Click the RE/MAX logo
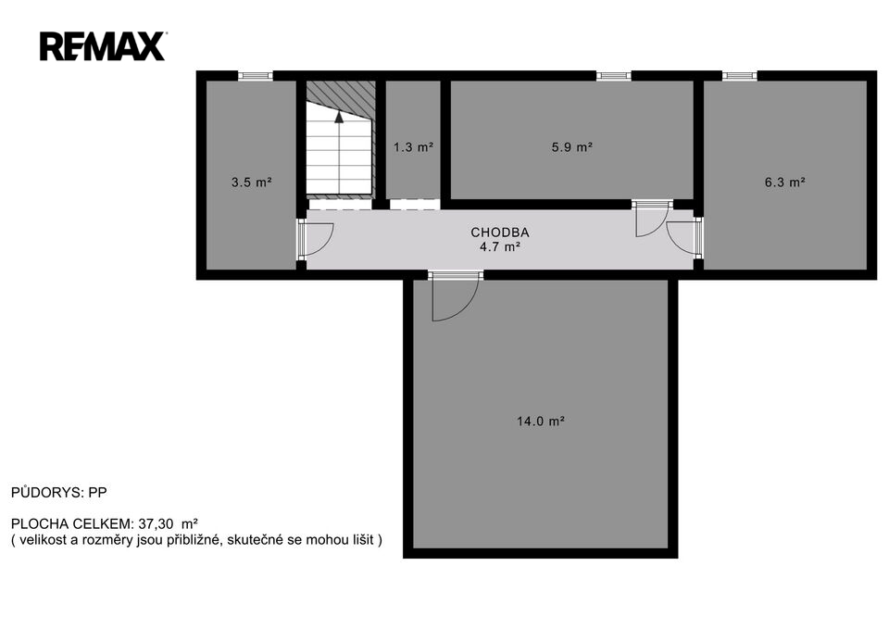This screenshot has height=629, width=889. pyautogui.click(x=103, y=46)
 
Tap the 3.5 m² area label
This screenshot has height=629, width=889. pyautogui.click(x=252, y=182)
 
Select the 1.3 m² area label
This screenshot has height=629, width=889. pyautogui.click(x=414, y=147)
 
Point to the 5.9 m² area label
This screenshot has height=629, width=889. pyautogui.click(x=572, y=147)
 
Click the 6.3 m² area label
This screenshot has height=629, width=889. pyautogui.click(x=785, y=182)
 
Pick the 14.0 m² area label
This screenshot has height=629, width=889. pyautogui.click(x=541, y=421)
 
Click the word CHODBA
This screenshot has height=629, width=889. pyautogui.click(x=500, y=232)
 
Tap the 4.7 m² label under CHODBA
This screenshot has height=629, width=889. pyautogui.click(x=500, y=246)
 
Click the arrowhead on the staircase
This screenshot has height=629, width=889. pyautogui.click(x=339, y=117)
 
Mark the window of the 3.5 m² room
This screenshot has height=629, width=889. pyautogui.click(x=256, y=75)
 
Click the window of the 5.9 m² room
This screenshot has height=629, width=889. pyautogui.click(x=613, y=75)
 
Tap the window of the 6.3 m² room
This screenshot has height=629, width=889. pyautogui.click(x=740, y=75)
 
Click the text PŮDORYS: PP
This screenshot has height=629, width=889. pyautogui.click(x=59, y=492)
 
